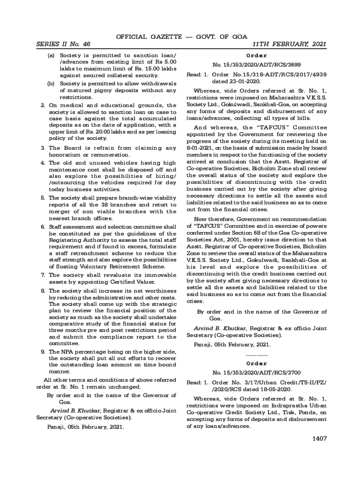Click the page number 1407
coord(319,438)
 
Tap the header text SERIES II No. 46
coord(63,44)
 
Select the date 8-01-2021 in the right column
coord(202,141)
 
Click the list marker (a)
coord(51,55)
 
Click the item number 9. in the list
coord(43,351)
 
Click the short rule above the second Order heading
coord(257,356)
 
